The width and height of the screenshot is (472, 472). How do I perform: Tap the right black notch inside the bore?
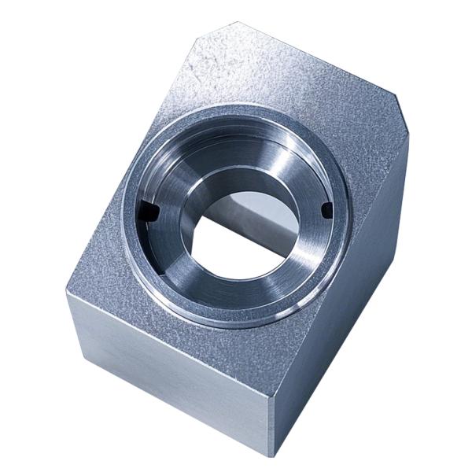click(x=326, y=209)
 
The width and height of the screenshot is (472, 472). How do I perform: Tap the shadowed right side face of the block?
click(x=346, y=315)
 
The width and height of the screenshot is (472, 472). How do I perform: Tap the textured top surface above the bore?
click(x=260, y=79)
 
